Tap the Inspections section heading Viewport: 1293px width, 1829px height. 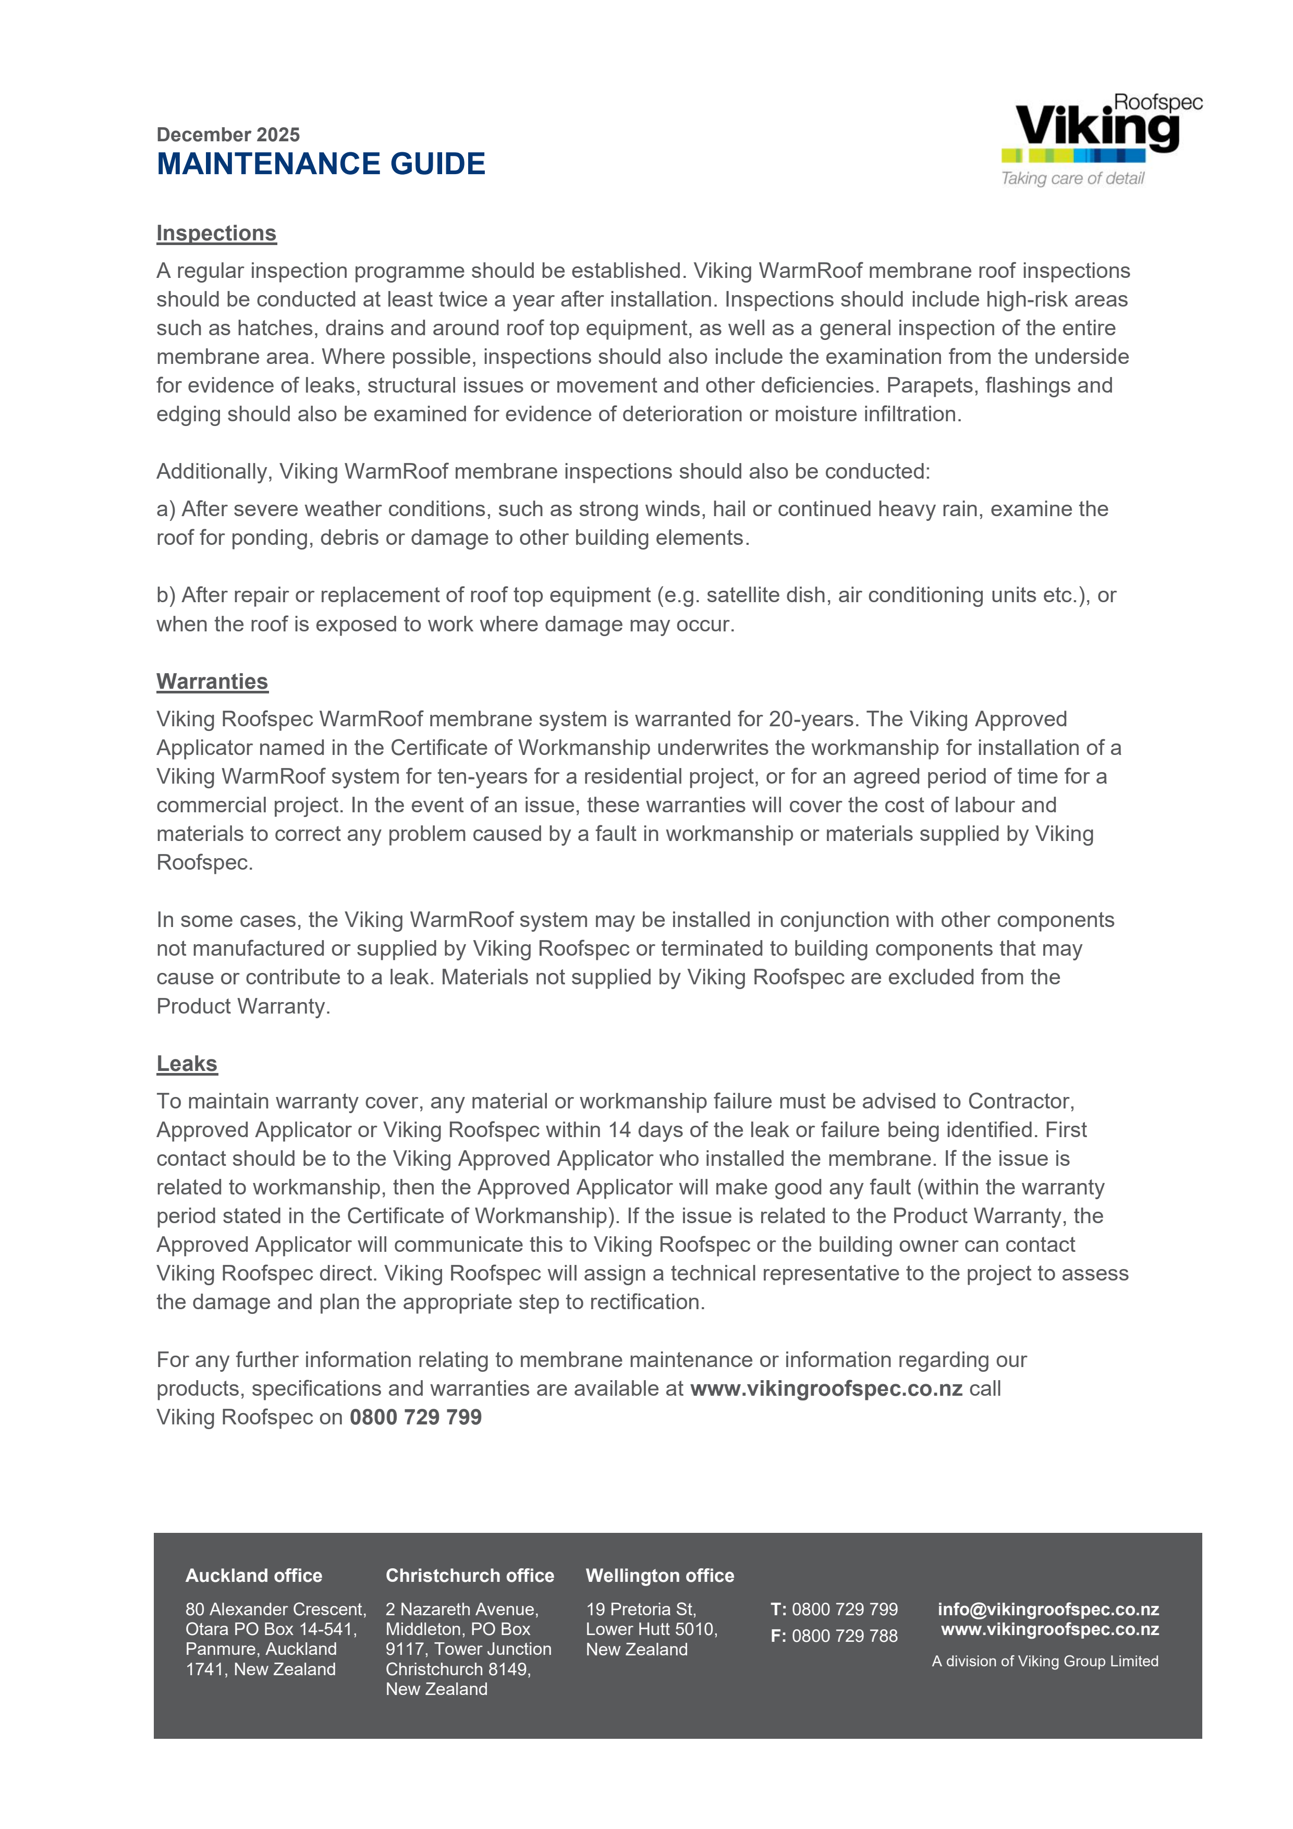216,234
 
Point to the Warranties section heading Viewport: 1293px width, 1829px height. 212,682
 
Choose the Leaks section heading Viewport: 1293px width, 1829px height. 187,1064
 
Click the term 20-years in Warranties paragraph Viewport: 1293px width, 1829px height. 812,720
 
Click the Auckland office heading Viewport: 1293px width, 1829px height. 253,1576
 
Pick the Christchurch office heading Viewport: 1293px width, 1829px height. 469,1576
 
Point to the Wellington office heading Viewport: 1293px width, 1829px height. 660,1576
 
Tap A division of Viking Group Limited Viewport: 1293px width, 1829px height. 1044,1662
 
